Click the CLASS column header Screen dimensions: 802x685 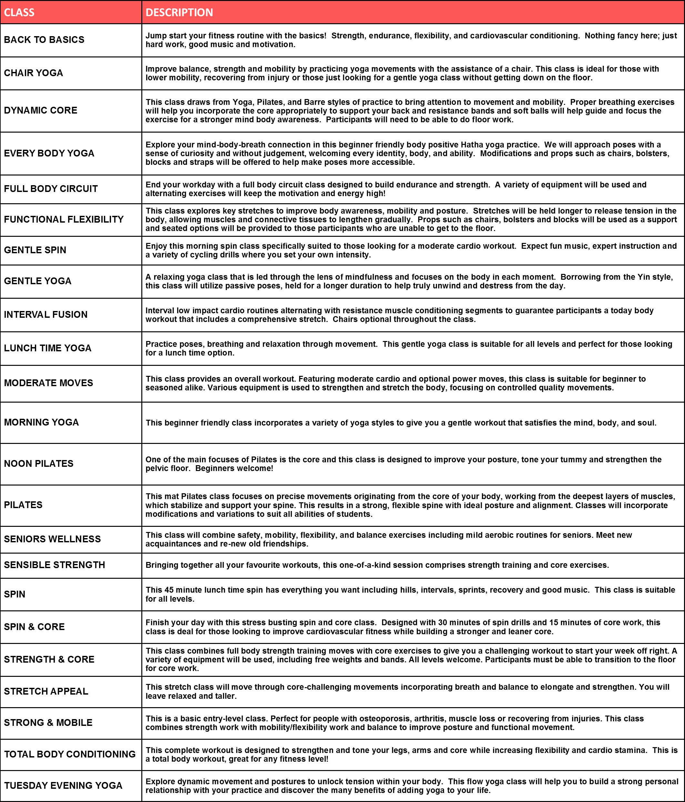(19, 12)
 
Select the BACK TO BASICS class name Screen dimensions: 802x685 (44, 39)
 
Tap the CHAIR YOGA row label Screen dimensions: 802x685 (33, 73)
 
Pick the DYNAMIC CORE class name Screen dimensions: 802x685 (41, 110)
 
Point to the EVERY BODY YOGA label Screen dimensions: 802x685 (49, 153)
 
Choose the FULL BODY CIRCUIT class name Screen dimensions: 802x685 (51, 189)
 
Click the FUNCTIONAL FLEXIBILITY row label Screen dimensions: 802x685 (64, 219)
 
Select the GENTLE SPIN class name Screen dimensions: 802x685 (35, 250)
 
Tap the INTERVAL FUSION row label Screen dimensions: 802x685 (46, 314)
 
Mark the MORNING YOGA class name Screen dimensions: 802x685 (41, 422)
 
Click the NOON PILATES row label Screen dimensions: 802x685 (39, 464)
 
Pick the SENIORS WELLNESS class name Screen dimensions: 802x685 (52, 539)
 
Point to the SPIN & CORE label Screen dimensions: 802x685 (35, 627)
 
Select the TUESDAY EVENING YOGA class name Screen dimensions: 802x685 (63, 785)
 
